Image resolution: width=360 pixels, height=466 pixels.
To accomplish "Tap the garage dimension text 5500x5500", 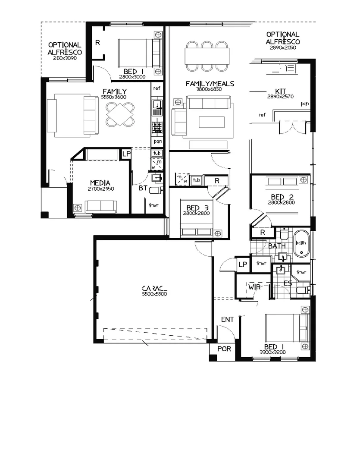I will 154,294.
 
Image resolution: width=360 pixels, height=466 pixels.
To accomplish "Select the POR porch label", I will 223,349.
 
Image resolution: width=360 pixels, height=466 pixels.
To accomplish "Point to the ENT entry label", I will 227,319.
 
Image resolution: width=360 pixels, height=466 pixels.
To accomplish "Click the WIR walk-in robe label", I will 253,286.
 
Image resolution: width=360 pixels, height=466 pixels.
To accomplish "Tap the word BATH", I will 277,246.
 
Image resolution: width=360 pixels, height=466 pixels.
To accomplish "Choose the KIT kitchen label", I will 281,91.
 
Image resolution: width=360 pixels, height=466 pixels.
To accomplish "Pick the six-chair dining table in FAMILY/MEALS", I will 207,56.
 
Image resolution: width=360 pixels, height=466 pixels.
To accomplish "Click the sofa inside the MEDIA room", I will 100,207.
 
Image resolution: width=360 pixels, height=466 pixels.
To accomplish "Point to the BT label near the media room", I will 143,188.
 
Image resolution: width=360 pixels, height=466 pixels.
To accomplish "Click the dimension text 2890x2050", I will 283,47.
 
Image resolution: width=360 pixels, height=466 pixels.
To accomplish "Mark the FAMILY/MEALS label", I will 210,84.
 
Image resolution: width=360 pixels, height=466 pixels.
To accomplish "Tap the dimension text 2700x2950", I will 101,189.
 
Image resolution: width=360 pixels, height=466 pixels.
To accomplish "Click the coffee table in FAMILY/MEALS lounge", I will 211,122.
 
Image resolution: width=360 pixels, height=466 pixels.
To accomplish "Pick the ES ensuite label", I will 288,283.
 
